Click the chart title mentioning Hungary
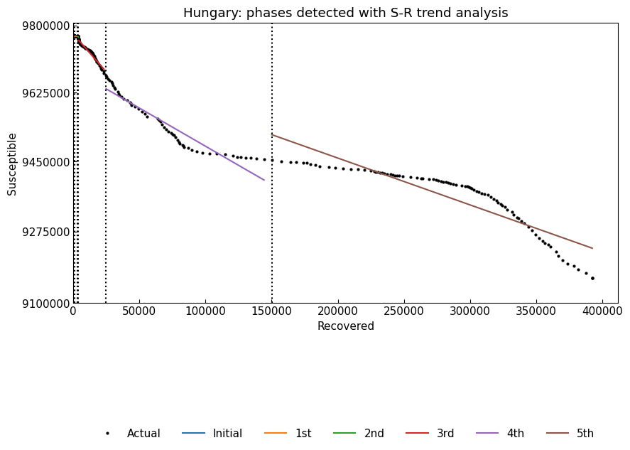tap(345, 13)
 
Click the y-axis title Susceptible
tap(12, 164)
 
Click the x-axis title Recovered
tap(345, 326)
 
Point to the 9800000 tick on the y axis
tap(39, 26)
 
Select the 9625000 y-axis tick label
tap(39, 94)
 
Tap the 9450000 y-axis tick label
tap(39, 162)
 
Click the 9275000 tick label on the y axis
tap(39, 232)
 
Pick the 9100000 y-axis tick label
tap(39, 304)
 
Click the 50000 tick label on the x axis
tap(139, 312)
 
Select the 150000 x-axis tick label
tap(271, 312)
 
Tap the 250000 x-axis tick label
tap(404, 312)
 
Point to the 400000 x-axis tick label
tap(602, 312)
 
